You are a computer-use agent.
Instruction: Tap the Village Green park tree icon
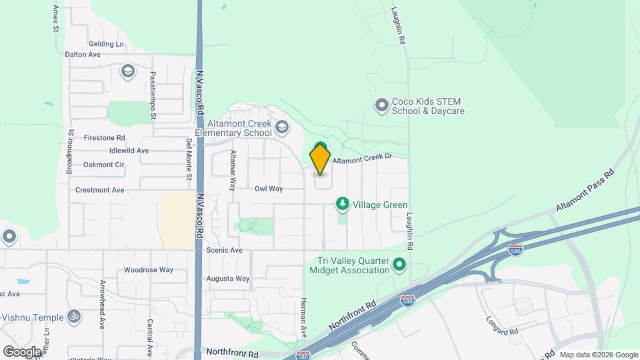(x=342, y=202)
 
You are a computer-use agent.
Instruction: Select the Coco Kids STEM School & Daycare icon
(x=381, y=105)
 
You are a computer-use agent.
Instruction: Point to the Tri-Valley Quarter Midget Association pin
(x=399, y=265)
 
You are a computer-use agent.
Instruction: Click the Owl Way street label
(x=269, y=189)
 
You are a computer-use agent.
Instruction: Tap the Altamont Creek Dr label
(x=361, y=160)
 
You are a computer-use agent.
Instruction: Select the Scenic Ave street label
(x=224, y=250)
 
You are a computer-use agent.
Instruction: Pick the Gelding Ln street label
(x=106, y=44)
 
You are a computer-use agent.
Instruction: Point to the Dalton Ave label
(x=83, y=54)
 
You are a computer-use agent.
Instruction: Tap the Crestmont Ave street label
(x=100, y=190)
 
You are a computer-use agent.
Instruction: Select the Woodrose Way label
(x=149, y=270)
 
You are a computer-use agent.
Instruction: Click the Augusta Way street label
(x=228, y=279)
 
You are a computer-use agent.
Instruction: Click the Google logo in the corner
(x=22, y=351)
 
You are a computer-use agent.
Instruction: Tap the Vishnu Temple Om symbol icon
(x=75, y=317)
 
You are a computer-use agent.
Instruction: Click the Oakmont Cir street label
(x=104, y=165)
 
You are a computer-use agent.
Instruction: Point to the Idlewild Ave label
(x=125, y=151)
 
